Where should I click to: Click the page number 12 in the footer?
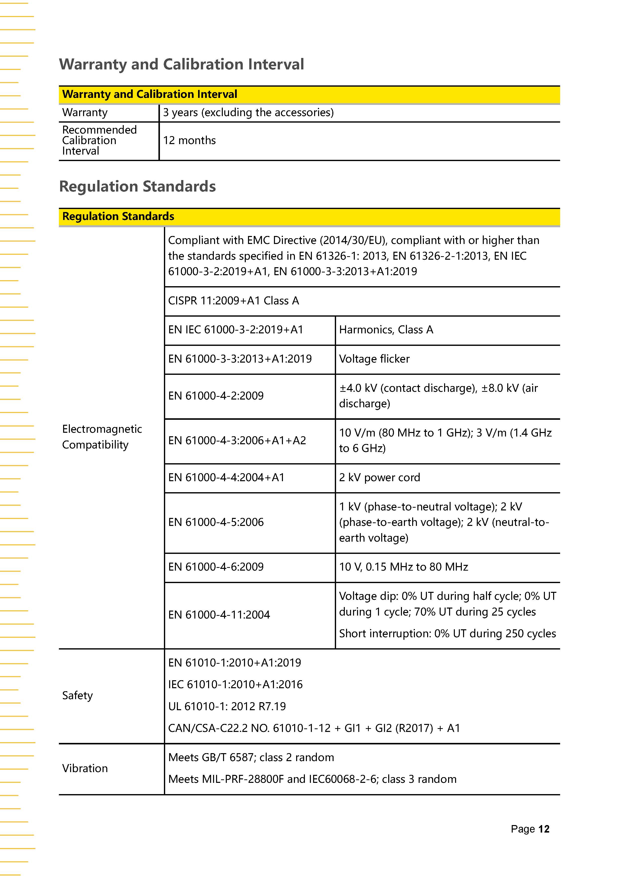(544, 829)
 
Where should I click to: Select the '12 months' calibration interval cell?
(189, 140)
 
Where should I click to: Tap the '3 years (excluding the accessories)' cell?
(248, 113)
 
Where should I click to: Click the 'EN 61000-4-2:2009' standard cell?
(216, 396)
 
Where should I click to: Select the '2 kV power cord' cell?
(379, 477)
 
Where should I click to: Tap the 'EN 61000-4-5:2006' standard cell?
(216, 522)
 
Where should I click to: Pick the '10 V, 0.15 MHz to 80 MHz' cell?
(403, 567)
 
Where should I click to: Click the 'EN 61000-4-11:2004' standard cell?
(219, 615)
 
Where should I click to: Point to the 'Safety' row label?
(77, 695)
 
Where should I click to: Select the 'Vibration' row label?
(85, 768)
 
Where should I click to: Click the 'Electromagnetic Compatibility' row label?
(102, 437)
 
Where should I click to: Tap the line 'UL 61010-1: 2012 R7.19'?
(227, 706)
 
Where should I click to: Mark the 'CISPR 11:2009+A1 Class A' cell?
(233, 301)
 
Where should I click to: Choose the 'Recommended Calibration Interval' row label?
(99, 140)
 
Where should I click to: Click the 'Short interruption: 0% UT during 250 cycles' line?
(447, 633)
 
